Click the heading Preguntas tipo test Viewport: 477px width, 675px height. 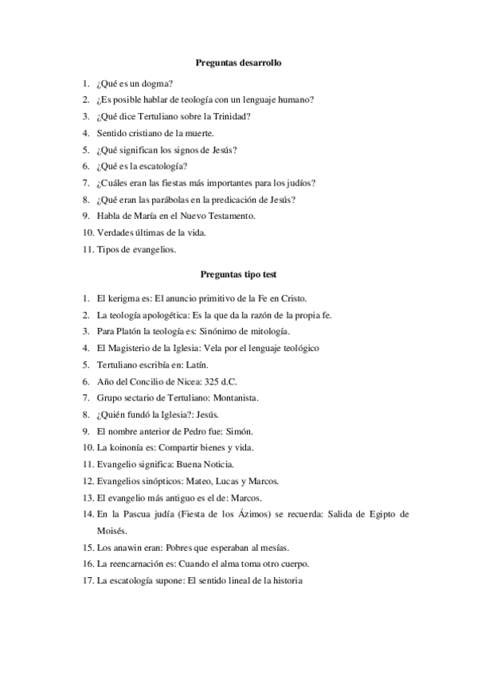point(238,273)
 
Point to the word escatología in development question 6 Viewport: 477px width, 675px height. point(162,166)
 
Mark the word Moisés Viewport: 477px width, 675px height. point(111,530)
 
